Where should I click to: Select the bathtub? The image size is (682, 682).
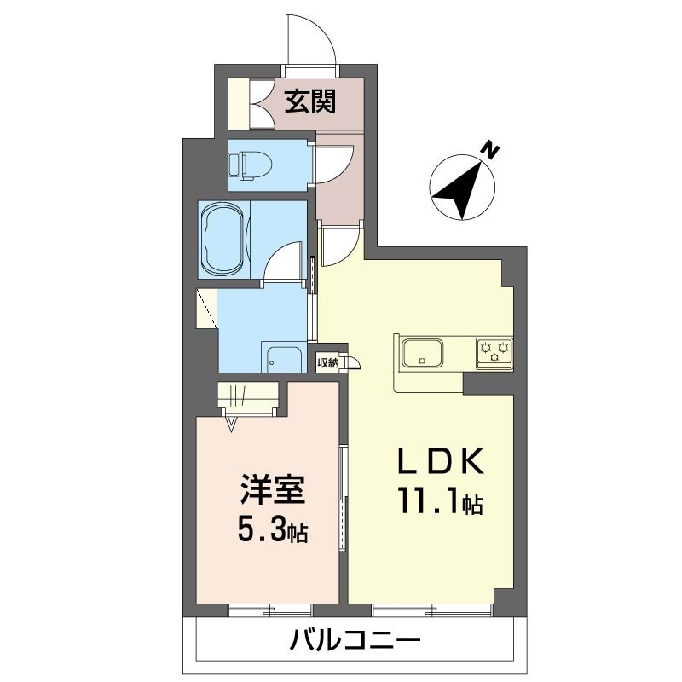223,240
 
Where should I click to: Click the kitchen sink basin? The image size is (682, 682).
422,352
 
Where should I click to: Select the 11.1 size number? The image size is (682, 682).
428,503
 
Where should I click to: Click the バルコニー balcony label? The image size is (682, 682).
355,641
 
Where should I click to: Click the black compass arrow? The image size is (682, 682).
459,189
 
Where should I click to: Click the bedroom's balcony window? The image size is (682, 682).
270,610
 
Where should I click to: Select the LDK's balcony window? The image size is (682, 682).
432,610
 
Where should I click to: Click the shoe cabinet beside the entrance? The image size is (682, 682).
240,103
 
